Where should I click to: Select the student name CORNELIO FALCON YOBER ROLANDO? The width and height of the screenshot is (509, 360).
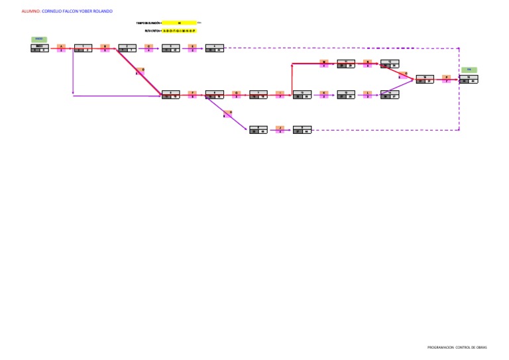[77, 11]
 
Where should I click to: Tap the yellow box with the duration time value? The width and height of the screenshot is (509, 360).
[179, 23]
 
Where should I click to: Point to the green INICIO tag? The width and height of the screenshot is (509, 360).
[39, 39]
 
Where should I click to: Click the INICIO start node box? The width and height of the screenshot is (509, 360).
[40, 48]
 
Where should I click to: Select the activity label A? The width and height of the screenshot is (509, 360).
[62, 46]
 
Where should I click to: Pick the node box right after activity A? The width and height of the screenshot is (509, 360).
[83, 48]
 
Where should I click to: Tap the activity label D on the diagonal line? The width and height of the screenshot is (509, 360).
[142, 70]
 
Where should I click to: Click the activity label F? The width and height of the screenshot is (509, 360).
[192, 93]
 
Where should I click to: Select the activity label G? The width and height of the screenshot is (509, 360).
[236, 93]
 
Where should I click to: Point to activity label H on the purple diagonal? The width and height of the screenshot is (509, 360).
[230, 112]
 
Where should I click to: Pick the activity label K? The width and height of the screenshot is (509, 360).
[323, 93]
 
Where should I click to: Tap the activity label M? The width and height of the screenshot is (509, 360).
[323, 62]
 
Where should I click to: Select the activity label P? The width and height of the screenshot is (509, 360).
[447, 77]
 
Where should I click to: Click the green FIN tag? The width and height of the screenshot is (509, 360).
[469, 70]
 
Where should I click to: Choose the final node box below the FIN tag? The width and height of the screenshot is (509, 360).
[469, 79]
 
